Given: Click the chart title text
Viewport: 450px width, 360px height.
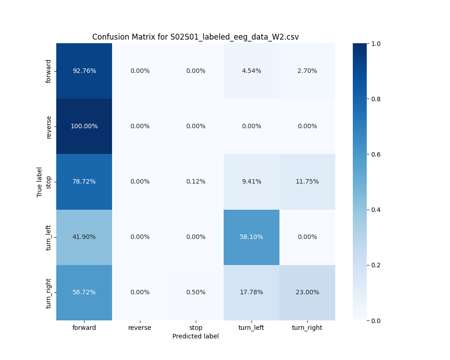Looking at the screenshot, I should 195,37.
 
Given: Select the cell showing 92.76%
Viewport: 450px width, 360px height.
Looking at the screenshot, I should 84,71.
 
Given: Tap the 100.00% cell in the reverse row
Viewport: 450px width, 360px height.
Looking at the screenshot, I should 84,126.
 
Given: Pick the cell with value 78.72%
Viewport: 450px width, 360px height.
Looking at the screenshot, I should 84,181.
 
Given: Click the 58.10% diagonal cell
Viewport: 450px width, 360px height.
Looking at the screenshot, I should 252,237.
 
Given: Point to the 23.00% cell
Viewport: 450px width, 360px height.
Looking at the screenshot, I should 307,292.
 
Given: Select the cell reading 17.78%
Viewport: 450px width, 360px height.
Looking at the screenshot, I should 252,292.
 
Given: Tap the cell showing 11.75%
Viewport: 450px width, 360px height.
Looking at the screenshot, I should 307,181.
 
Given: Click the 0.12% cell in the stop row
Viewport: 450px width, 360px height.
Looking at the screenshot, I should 196,181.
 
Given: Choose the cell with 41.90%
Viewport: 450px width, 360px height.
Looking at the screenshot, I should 84,237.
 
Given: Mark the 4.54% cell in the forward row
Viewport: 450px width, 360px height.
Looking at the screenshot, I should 252,71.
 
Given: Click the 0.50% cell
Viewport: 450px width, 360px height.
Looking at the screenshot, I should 196,292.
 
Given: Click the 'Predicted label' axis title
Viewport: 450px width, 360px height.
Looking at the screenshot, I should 195,336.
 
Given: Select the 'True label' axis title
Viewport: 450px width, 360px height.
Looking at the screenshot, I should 40,182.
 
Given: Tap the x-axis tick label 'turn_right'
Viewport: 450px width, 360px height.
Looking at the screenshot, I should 307,328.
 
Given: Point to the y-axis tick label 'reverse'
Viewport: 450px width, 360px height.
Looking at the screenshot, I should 49,126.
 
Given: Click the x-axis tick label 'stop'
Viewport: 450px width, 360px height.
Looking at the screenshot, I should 196,328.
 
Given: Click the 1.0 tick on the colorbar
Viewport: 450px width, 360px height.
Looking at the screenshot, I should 376,44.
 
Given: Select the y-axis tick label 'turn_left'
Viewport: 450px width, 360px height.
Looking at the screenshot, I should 49,237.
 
